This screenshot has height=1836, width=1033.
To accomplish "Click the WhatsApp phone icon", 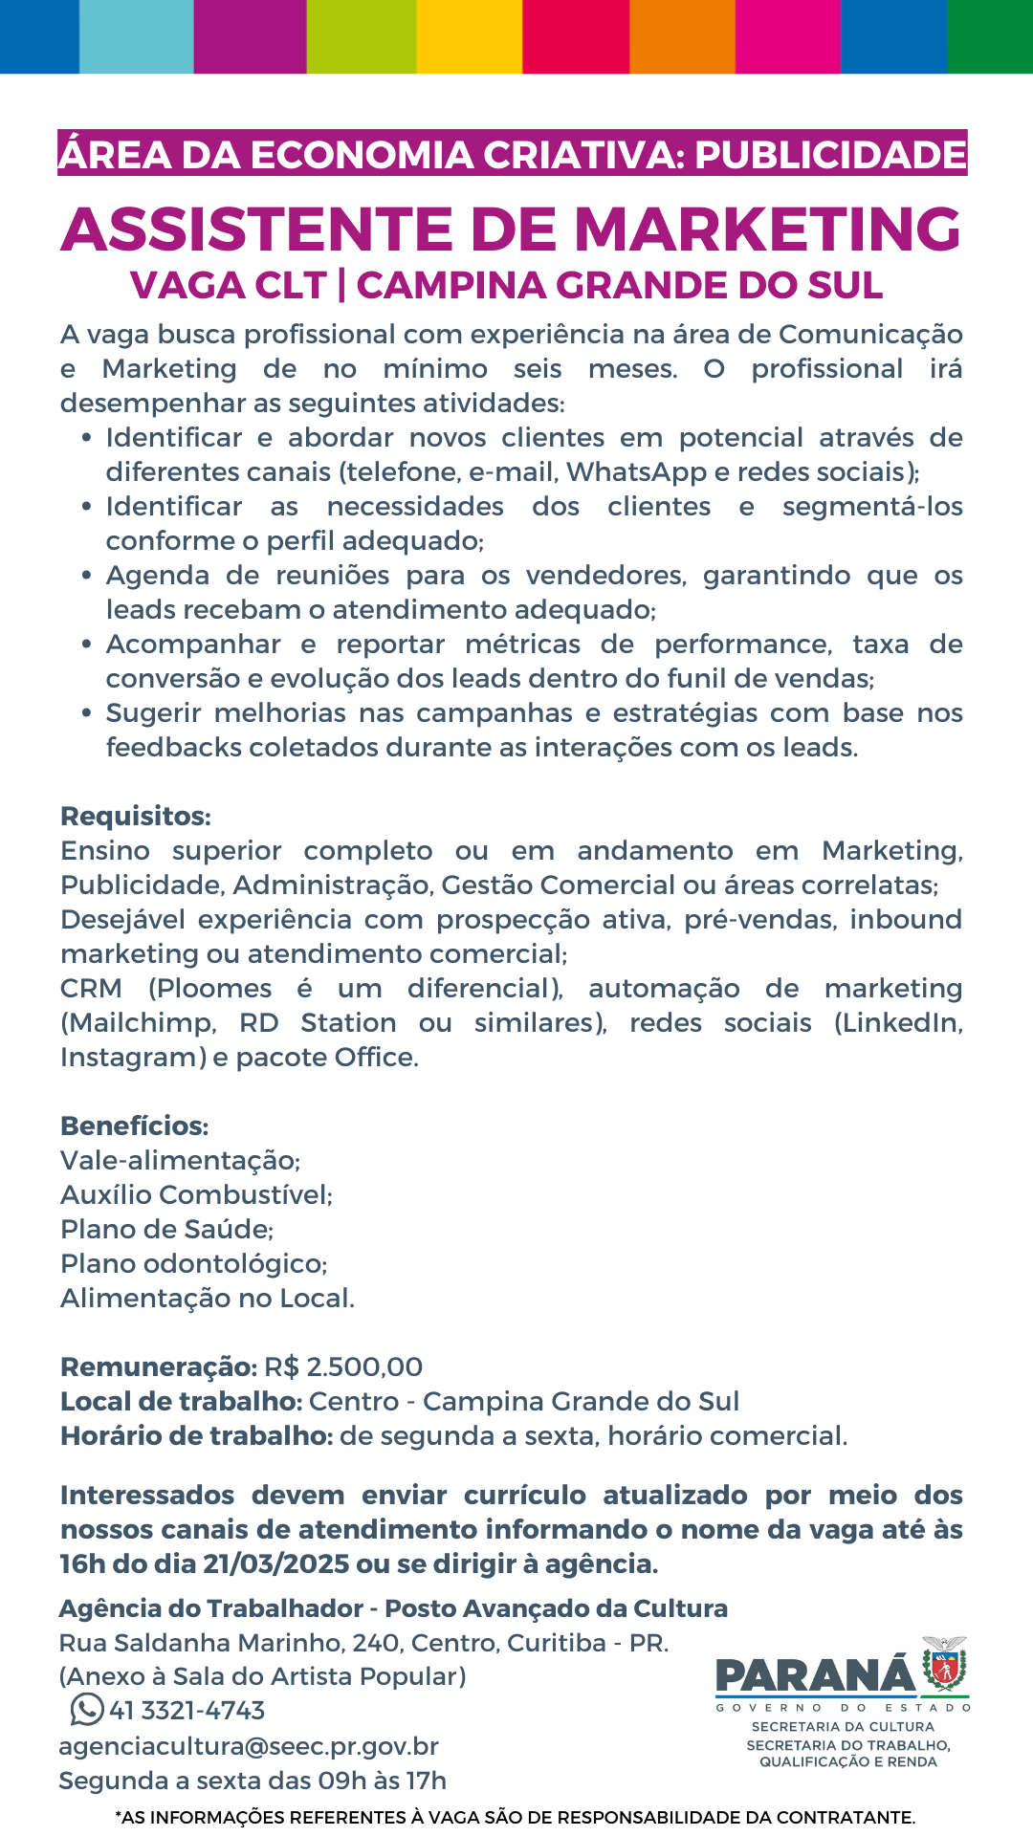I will (x=86, y=1709).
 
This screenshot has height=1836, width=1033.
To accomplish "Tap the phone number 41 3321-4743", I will (x=187, y=1710).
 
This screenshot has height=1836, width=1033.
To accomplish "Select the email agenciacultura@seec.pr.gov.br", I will (x=249, y=1745).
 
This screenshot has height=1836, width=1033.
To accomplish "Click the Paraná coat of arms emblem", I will (x=944, y=1665).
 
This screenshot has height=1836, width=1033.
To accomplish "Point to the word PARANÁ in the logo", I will (x=815, y=1674).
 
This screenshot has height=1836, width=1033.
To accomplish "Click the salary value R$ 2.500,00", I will (x=343, y=1366).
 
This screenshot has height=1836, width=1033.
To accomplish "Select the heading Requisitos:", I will (x=136, y=816).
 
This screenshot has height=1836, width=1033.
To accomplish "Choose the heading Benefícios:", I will (x=135, y=1126).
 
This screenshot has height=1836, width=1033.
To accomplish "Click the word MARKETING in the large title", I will (x=767, y=229).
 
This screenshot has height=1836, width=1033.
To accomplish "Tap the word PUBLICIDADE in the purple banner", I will (x=830, y=155).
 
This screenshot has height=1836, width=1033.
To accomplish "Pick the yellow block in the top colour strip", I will (x=470, y=36).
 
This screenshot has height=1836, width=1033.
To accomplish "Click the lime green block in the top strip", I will (x=362, y=36).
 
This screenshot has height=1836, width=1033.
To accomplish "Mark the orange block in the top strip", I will (x=682, y=36).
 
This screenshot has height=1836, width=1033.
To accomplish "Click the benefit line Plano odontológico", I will (x=194, y=1263).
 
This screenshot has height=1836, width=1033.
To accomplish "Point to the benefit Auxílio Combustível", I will (x=196, y=1194).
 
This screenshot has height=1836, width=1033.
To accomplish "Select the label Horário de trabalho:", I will (x=196, y=1435).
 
